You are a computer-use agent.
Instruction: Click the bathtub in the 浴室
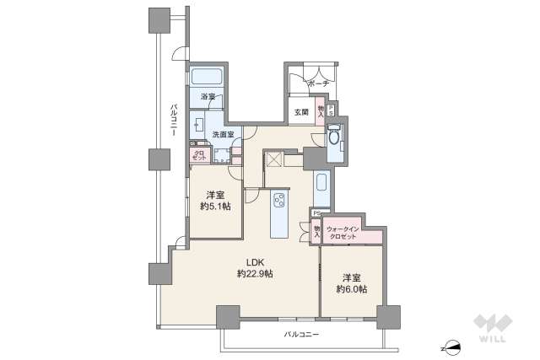point(207,78)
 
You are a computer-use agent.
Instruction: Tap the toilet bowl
point(334,138)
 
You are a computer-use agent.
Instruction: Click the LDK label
point(254,261)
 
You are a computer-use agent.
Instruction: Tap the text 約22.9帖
point(254,274)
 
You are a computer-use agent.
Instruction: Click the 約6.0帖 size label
point(351,289)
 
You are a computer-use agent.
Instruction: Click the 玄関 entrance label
point(301,111)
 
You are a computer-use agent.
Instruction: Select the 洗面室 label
point(223,134)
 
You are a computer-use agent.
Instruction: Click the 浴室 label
point(208,97)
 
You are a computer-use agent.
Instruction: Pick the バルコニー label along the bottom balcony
point(301,336)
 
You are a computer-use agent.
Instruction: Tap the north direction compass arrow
point(454,346)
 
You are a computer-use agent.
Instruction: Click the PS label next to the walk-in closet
point(315,213)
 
